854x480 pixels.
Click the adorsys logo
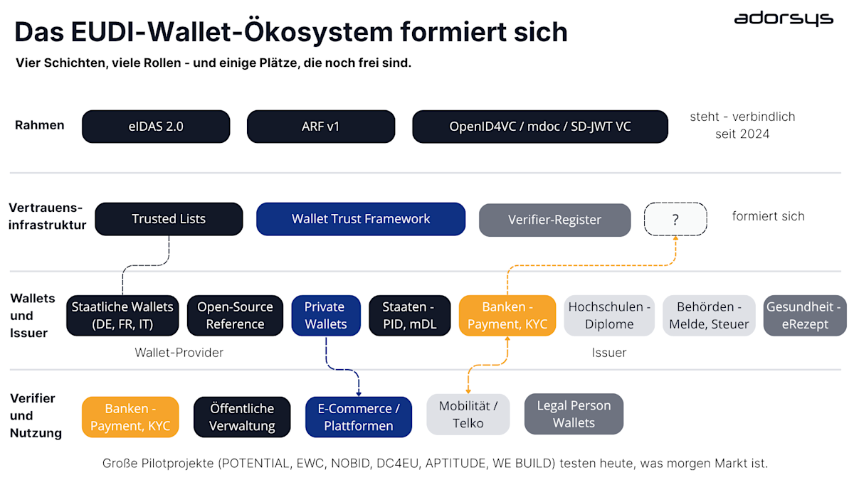coord(783,18)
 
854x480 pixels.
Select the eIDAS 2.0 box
coord(156,127)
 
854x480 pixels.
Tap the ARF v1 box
coord(320,127)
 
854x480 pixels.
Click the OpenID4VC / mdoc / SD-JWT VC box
coord(539,127)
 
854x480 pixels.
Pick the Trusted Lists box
coord(169,219)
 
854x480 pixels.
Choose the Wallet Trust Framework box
coord(361,219)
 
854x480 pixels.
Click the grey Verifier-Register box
coord(554,220)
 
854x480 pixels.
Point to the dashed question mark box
coord(675,220)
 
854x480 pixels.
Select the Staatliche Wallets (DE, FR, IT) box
coord(122,316)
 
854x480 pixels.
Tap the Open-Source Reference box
coord(235,316)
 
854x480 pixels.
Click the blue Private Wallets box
coord(325,316)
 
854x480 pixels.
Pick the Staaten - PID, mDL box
coord(409,316)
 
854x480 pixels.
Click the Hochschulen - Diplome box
coord(609,316)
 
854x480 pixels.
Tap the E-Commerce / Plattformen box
coord(359,417)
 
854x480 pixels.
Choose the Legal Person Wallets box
coord(574,414)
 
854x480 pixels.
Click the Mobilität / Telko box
coord(468,414)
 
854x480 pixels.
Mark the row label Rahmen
coord(40,125)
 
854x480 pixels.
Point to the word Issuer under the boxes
coord(609,353)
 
